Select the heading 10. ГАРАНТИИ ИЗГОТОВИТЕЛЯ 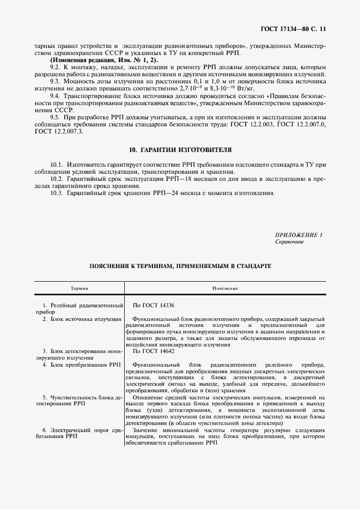180,149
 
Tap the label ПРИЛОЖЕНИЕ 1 299,235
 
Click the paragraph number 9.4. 54,95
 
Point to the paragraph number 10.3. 57,193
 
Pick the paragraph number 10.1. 57,164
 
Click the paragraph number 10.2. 57,179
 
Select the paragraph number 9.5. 54,116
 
